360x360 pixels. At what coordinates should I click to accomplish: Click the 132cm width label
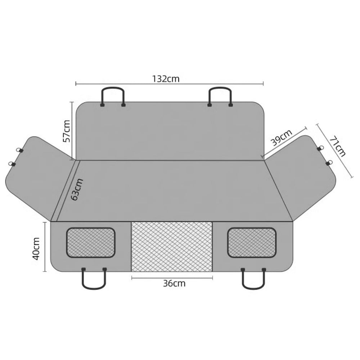click(166, 79)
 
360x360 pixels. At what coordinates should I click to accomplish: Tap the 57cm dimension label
click(67, 131)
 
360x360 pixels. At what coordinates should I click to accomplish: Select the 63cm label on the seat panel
click(77, 189)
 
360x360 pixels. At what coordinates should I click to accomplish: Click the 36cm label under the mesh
click(174, 283)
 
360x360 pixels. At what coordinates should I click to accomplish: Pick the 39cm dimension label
click(282, 138)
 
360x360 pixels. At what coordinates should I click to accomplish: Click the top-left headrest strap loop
click(113, 88)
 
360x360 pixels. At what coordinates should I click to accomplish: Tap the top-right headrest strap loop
click(220, 88)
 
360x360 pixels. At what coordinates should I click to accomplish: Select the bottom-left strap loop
click(94, 288)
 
